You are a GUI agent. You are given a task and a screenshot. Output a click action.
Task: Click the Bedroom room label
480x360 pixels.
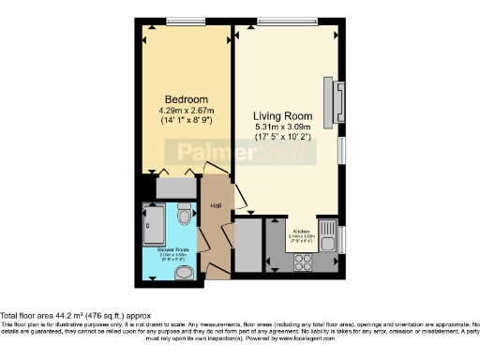click(x=186, y=99)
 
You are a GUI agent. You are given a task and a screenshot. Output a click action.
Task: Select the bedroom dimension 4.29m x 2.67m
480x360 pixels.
click(x=186, y=111)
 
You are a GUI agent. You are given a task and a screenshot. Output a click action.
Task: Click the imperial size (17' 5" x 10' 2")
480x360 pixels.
click(x=284, y=139)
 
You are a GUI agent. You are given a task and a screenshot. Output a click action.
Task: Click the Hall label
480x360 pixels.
click(x=215, y=207)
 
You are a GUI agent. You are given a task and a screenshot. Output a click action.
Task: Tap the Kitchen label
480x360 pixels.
click(x=301, y=230)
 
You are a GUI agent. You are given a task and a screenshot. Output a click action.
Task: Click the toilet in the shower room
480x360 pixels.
click(x=184, y=217)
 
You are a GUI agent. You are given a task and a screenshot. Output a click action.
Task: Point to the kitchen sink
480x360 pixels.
click(x=328, y=231)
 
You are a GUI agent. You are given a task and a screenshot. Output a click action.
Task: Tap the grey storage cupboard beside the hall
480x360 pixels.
click(x=247, y=246)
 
